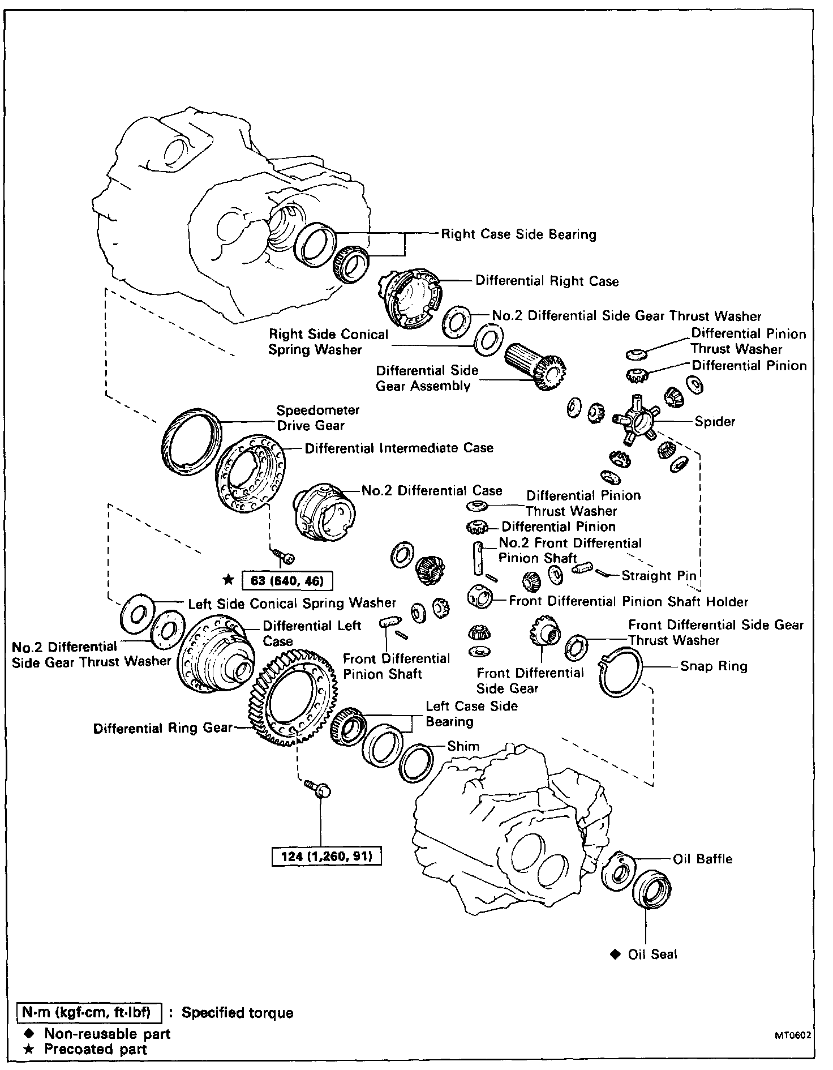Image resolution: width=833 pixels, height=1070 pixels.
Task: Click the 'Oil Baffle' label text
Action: pos(702,859)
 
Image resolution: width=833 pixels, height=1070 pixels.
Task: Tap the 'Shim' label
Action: pos(463,746)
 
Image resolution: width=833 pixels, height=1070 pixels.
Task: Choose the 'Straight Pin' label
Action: pos(659,576)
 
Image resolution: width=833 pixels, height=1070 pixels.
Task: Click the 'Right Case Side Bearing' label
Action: pos(518,234)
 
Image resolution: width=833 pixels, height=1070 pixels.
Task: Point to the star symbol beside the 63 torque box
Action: pos(228,580)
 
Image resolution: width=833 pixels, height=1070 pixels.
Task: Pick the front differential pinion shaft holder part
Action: pos(480,597)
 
